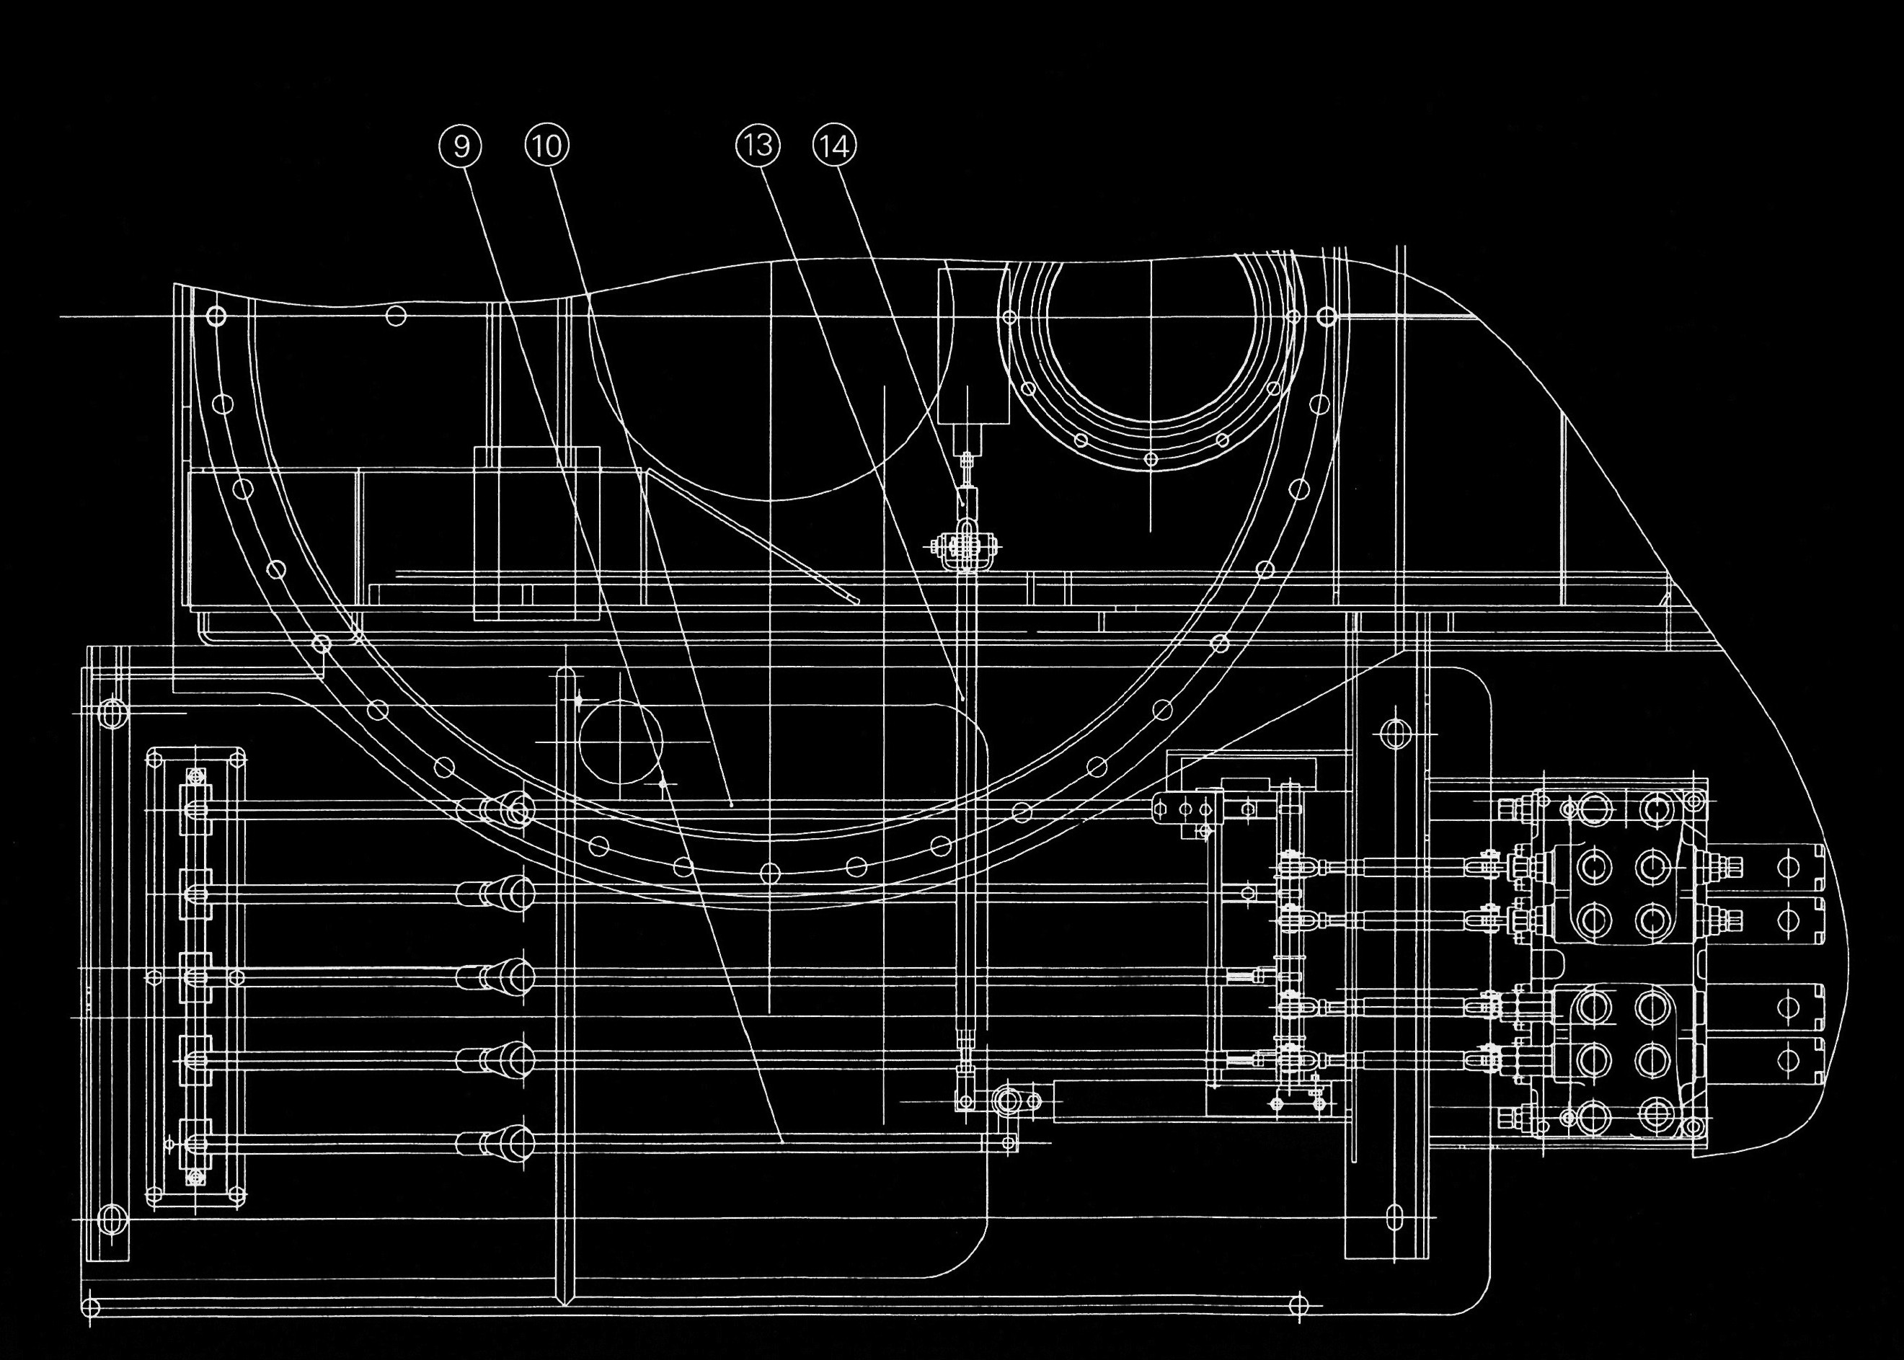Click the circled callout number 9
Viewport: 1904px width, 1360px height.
461,146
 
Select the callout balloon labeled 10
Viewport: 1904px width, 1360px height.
546,146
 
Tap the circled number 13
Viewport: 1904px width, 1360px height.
757,146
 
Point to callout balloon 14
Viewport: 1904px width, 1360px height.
835,146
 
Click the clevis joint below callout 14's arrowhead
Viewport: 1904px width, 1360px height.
967,548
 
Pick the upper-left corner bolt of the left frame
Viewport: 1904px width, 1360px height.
112,714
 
